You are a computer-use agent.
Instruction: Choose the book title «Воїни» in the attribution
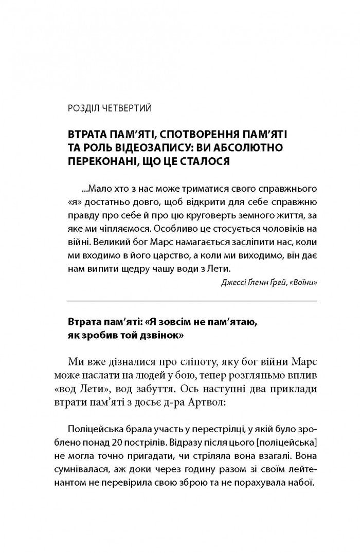(304, 283)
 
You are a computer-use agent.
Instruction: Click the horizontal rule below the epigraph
(192, 300)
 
